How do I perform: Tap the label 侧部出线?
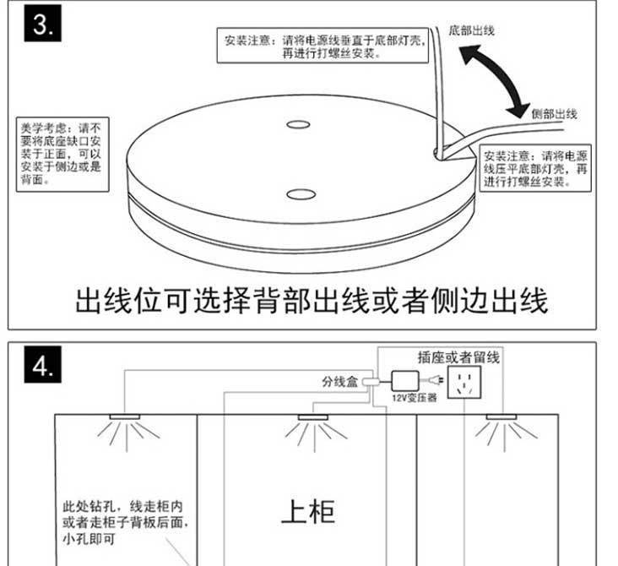point(555,113)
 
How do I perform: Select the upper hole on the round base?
point(297,125)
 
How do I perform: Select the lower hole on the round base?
point(297,195)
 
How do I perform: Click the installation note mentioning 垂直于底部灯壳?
point(321,45)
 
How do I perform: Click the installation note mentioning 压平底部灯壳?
point(536,168)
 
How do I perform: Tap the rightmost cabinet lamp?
point(497,417)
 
